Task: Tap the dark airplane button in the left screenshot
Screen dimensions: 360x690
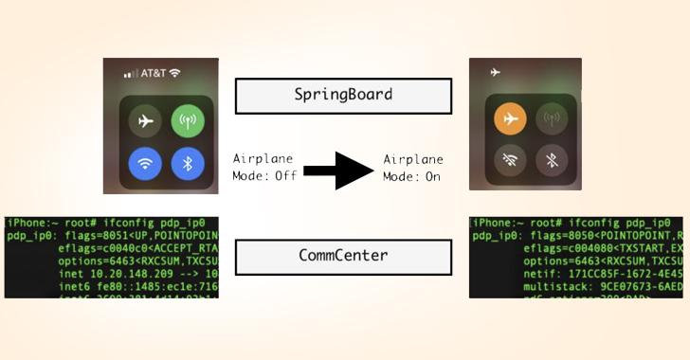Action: coord(146,121)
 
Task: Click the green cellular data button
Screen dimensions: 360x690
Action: coord(187,121)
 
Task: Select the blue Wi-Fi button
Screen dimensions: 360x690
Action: coord(146,163)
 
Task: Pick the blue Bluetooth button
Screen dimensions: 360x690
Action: coord(187,163)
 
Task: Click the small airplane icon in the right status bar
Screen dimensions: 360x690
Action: coord(494,71)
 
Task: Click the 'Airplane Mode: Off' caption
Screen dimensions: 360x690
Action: coord(263,168)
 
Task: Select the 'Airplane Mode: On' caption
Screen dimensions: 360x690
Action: coord(413,168)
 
